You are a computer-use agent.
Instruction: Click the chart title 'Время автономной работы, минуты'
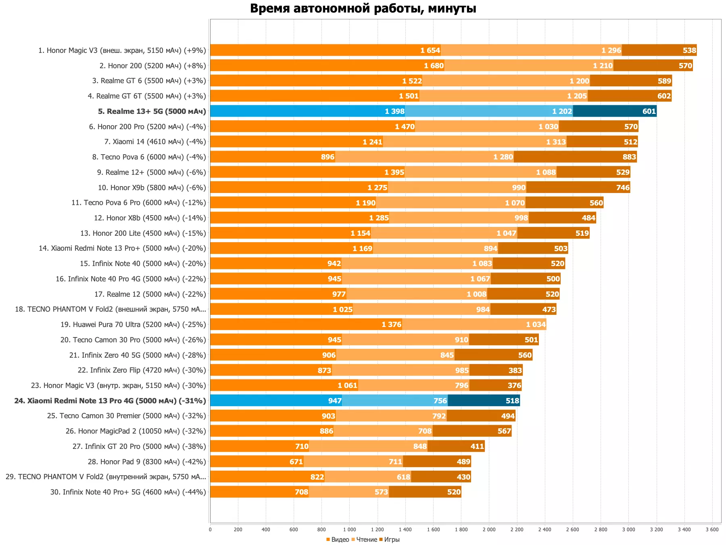coord(363,8)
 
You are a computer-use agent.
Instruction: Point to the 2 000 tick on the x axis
coord(489,530)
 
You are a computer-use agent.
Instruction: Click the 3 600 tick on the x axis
coord(712,530)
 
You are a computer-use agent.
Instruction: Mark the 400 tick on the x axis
coord(266,530)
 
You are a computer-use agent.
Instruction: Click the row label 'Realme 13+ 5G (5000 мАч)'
coord(152,111)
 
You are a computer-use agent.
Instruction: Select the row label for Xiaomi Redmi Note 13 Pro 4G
coord(110,401)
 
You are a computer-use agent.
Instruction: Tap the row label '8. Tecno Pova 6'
coord(149,157)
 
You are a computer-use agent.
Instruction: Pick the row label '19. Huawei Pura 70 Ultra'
coord(133,325)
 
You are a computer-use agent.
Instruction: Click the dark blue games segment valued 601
coord(614,111)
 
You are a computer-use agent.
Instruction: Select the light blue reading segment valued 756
coord(394,401)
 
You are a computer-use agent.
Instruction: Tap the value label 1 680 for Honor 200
coord(434,66)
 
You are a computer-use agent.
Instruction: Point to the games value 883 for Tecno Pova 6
coord(629,157)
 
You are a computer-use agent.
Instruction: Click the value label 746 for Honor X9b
coord(623,188)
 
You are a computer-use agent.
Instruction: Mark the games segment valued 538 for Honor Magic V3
coord(659,50)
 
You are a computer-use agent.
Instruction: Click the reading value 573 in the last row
coord(381,492)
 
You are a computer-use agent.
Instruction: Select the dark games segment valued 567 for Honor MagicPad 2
coord(472,431)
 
